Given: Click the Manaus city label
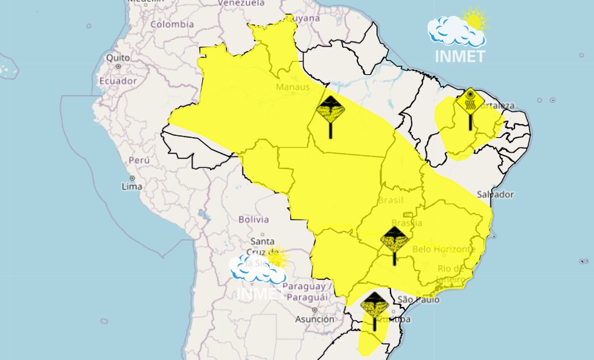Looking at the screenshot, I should (293, 87).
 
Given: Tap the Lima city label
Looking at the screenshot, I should (132, 186).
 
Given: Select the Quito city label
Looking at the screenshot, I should (118, 58).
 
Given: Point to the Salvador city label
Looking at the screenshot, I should (495, 194).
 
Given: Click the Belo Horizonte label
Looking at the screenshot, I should (444, 248).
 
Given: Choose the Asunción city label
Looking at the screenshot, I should (315, 319).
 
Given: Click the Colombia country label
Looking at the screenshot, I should (172, 25).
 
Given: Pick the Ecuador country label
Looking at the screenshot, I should (118, 80).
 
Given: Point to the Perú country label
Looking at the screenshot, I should (139, 161).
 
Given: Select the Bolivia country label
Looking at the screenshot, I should (254, 219).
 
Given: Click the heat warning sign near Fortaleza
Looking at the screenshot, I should (470, 101).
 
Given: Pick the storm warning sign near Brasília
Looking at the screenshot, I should (394, 240).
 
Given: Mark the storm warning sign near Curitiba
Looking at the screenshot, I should (374, 305).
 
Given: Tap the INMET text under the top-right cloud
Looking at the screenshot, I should (459, 56).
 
